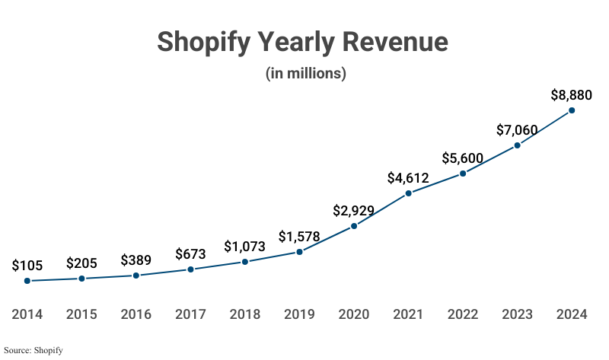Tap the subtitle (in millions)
pos(305,74)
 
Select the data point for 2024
pos(572,110)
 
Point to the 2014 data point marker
pos(27,281)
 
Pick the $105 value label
pos(27,266)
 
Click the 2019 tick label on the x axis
pos(299,314)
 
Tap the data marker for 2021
pos(409,193)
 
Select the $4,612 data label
pos(408,178)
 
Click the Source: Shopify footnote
pos(33,350)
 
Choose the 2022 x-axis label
pos(463,314)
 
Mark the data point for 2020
pos(354,226)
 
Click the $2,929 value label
pos(354,210)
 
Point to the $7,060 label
pos(517,130)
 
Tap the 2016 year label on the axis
pos(136,314)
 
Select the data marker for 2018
pos(245,262)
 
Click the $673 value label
pos(190,253)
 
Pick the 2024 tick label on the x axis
pos(572,314)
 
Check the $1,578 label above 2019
pos(299,236)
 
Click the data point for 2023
pos(518,145)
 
